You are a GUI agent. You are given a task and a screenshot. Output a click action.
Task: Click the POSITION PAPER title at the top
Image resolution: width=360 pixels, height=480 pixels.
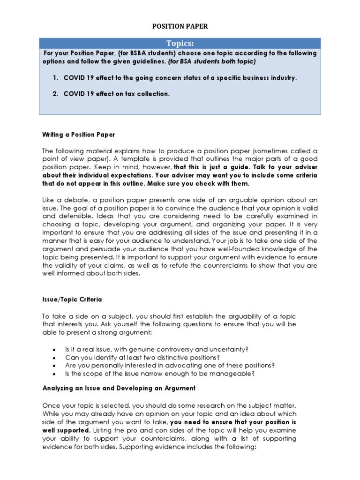point(180,27)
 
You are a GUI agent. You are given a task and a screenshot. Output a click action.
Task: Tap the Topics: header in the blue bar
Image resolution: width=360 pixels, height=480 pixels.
point(180,44)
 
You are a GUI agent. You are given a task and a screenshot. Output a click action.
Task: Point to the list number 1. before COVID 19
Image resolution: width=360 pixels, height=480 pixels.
point(55,78)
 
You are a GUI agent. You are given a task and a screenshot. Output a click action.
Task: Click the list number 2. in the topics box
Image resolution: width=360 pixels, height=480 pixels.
point(55,94)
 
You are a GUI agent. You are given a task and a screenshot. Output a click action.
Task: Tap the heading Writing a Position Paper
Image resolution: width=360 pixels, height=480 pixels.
point(79,135)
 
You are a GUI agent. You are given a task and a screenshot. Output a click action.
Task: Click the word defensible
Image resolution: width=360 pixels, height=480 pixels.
point(74,217)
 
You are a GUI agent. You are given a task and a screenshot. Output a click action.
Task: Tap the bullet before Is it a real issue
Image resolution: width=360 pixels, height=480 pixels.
point(55,349)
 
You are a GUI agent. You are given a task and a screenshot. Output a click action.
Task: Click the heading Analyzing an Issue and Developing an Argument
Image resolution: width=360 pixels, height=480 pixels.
point(119,388)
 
